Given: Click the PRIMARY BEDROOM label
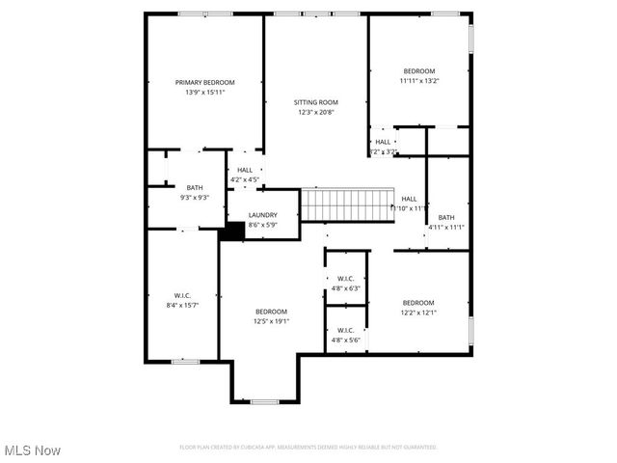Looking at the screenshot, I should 204,83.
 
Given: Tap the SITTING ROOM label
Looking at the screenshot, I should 315,102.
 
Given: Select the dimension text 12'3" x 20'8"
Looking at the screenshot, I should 315,112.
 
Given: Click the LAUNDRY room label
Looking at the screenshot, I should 262,215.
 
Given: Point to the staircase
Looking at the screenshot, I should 348,204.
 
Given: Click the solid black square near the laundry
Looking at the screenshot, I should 231,231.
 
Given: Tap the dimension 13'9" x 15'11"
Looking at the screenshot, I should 204,93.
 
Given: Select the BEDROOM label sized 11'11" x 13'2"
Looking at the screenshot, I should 419,71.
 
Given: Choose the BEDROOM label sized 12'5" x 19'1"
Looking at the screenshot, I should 271,311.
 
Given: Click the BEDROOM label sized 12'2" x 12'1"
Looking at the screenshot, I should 418,302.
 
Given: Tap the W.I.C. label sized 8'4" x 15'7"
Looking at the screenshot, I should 184,295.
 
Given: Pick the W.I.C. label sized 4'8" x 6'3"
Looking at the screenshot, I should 345,279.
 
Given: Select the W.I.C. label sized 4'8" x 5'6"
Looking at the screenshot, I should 345,330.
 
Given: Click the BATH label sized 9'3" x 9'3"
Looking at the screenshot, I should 195,187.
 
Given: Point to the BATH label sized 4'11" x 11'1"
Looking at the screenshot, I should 446,217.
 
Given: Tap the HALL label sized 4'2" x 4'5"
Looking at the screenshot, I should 245,170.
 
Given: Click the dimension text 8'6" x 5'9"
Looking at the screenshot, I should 262,225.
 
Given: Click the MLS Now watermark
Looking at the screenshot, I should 33,450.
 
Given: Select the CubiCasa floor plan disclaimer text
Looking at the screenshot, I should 308,447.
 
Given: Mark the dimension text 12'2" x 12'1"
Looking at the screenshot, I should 418,312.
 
